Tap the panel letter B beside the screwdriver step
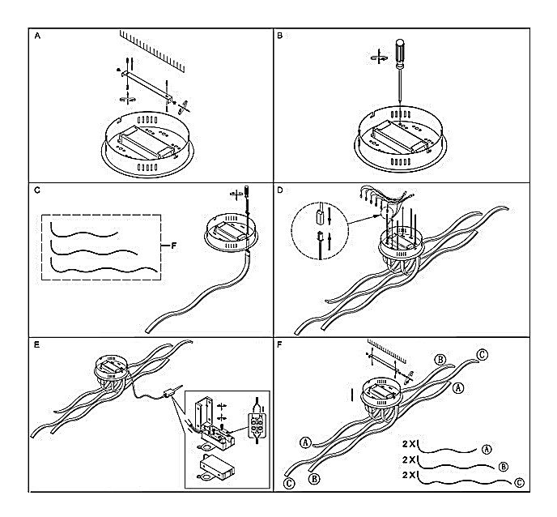280,37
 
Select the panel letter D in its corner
280,193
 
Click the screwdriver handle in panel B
398,53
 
